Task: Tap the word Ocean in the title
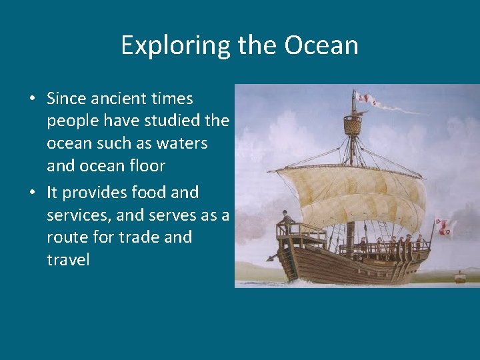pos(321,45)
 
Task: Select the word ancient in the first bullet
pos(119,99)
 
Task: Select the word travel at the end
pos(68,259)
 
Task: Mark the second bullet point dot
pos(32,193)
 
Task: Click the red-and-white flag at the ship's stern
pos(443,226)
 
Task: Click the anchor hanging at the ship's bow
pos(272,257)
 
